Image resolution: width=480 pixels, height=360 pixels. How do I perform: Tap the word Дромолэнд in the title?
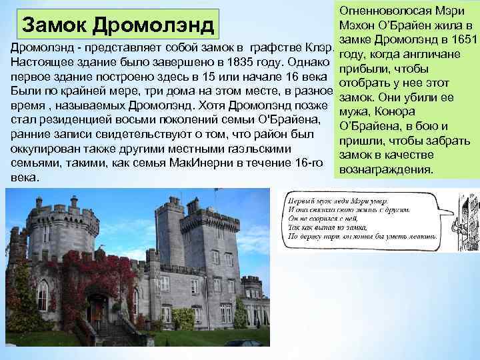(153, 25)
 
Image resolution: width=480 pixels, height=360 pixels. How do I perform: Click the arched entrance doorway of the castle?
(97, 309)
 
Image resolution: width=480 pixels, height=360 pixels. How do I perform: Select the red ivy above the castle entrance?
(100, 280)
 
